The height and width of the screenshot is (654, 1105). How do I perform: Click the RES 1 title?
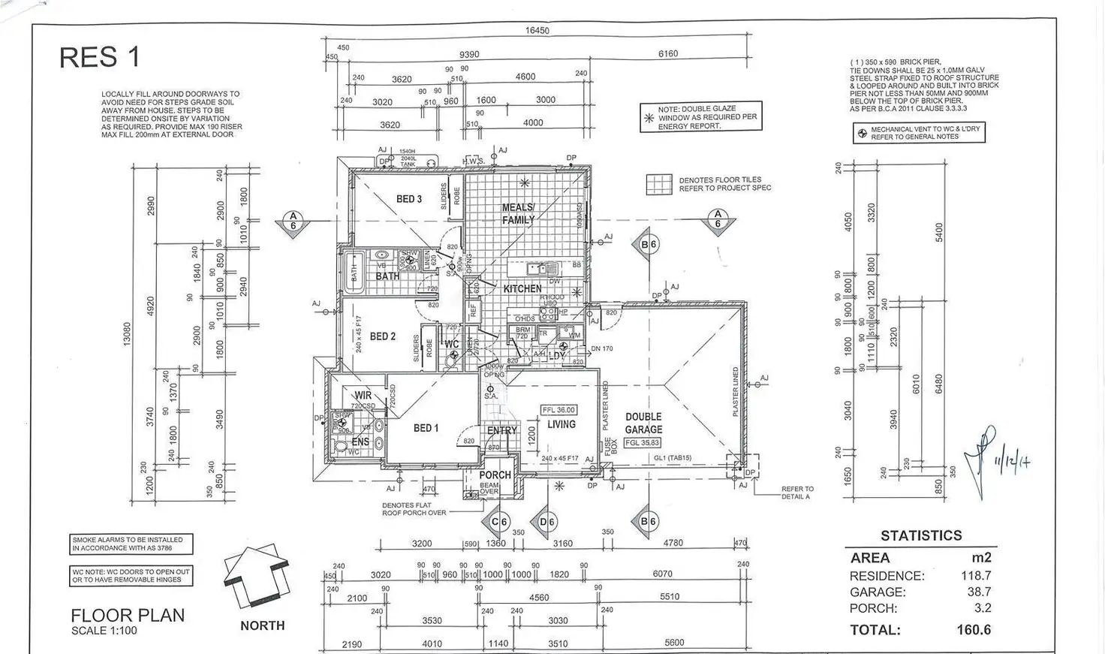tap(100, 58)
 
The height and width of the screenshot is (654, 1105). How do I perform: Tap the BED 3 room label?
tap(409, 199)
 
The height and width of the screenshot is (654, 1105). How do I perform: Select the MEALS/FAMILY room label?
tap(518, 213)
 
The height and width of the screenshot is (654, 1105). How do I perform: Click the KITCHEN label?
tap(522, 288)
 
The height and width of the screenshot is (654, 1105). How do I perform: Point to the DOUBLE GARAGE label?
tap(643, 423)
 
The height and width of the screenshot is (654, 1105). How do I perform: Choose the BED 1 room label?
tap(426, 428)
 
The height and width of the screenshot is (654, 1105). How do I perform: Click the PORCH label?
tap(495, 475)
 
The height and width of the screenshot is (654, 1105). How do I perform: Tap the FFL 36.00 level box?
tap(559, 410)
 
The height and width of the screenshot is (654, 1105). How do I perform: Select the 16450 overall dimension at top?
tap(537, 31)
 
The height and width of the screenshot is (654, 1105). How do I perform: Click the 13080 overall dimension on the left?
tap(127, 334)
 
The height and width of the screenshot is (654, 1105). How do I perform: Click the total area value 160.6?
tap(974, 630)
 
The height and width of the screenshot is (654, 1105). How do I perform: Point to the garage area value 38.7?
tap(977, 592)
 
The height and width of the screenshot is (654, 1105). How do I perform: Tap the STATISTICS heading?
tap(921, 535)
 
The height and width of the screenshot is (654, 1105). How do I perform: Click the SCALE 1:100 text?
tap(104, 631)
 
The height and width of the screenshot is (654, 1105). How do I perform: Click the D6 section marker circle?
tap(547, 521)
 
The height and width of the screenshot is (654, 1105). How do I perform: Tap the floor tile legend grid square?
tap(660, 185)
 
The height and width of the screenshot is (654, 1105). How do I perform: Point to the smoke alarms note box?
tap(131, 544)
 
